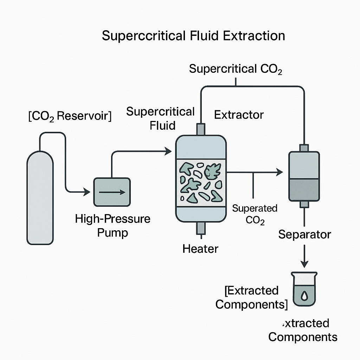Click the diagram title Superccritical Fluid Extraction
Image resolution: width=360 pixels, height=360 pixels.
tap(193, 36)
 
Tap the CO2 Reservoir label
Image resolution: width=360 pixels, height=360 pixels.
tap(70, 116)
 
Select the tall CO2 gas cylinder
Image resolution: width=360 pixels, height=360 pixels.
tap(40, 197)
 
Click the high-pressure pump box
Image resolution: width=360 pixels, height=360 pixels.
tap(112, 192)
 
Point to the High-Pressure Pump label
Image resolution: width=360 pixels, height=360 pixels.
tap(112, 225)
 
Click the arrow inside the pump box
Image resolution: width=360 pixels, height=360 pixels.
tap(112, 192)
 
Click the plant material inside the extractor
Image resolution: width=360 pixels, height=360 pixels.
tap(201, 181)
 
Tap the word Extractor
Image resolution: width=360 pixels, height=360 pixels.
tap(239, 115)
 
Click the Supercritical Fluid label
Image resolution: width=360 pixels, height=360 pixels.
tap(160, 118)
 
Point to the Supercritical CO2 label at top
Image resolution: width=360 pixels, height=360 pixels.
tap(236, 69)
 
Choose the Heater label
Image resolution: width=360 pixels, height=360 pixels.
tap(200, 249)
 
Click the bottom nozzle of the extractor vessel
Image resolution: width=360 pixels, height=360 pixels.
tap(201, 229)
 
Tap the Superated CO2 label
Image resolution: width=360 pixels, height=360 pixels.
tap(255, 214)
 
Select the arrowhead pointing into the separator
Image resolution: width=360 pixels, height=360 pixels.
tap(280, 172)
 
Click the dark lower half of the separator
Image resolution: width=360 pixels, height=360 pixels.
tap(304, 190)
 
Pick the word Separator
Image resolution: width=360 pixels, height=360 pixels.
tap(304, 234)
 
